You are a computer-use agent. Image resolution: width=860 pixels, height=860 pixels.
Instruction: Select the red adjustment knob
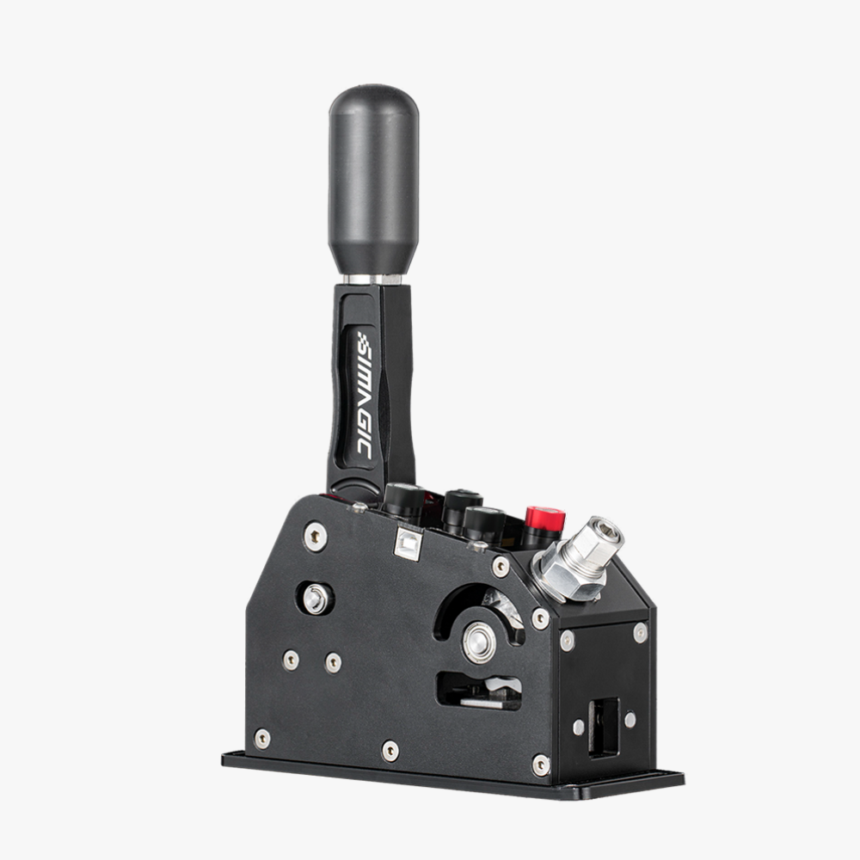544,519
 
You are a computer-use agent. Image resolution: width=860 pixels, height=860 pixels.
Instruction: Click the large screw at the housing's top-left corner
316,536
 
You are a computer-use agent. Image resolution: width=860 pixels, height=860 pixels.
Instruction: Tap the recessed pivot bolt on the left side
316,599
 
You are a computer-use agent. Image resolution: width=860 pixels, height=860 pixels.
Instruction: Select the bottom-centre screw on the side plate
390,751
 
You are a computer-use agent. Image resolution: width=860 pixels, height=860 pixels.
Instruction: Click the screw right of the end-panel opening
630,719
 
